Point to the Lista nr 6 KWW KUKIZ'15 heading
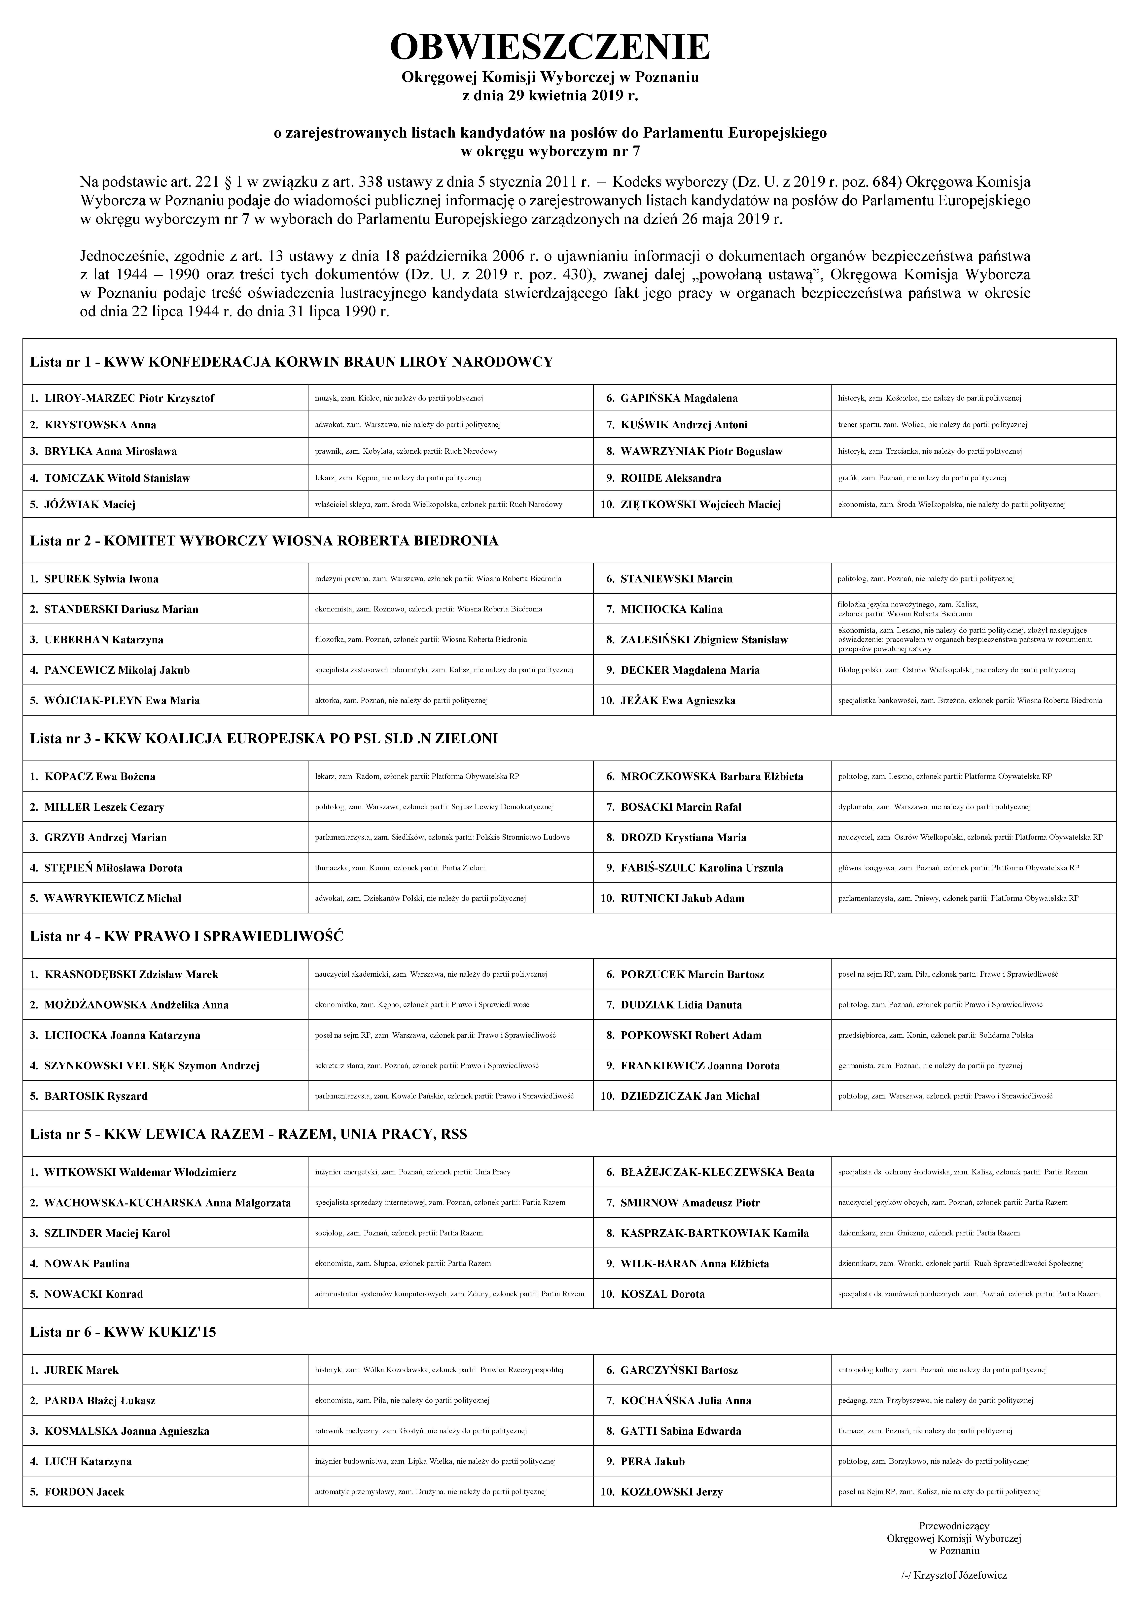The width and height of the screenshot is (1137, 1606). [123, 1332]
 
